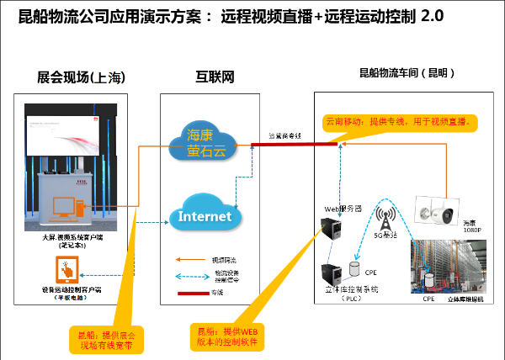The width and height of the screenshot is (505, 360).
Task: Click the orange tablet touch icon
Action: point(66,268)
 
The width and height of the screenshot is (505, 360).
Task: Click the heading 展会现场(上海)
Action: point(82,77)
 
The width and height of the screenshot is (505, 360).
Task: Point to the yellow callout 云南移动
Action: point(401,122)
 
